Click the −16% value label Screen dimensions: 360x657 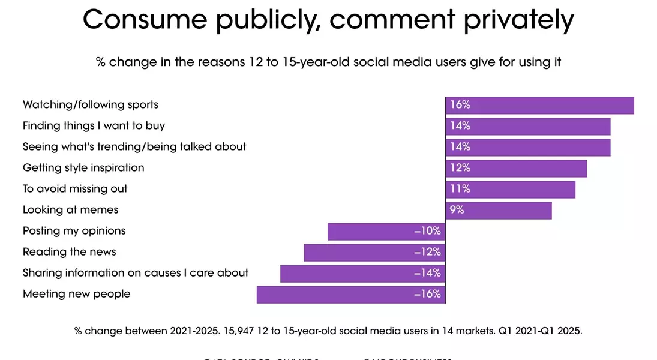(x=428, y=295)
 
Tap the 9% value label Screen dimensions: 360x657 (x=457, y=211)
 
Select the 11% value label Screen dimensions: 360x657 (x=460, y=190)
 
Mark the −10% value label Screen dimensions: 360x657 (x=428, y=232)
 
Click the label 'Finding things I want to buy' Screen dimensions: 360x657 (x=94, y=126)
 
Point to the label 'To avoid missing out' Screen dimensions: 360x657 (x=75, y=189)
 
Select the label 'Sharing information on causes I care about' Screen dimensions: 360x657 (x=136, y=273)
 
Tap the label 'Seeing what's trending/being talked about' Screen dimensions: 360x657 (x=134, y=147)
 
